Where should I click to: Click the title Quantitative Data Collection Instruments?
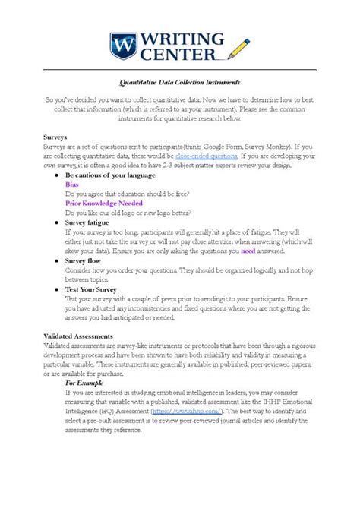180,82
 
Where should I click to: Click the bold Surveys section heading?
56,137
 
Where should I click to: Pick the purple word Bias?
71,185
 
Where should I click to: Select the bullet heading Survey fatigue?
90,222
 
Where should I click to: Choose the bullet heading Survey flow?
85,260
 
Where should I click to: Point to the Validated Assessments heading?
79,335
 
